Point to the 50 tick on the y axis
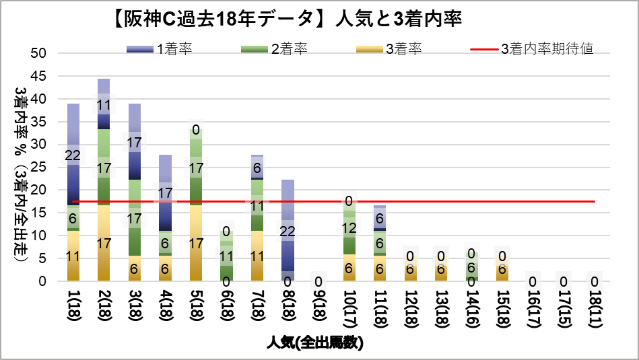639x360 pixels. point(38,53)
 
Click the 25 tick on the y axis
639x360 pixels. point(38,168)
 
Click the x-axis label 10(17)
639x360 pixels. point(349,309)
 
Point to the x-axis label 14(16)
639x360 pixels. point(471,309)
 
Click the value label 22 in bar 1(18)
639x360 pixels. point(73,155)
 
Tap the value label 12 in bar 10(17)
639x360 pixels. point(349,228)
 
